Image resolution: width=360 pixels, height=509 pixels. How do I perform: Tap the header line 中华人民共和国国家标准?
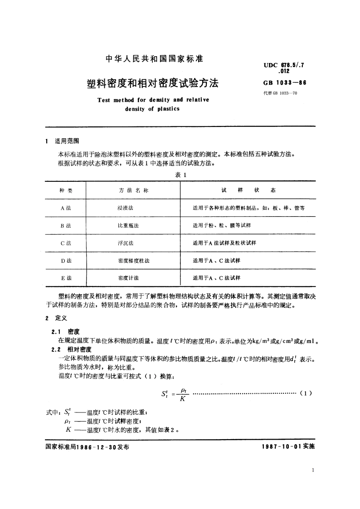pyautogui.click(x=154, y=58)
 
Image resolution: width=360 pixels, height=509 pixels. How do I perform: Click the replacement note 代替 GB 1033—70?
pyautogui.click(x=280, y=93)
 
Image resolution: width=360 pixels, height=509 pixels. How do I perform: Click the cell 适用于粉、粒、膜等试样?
pyautogui.click(x=222, y=225)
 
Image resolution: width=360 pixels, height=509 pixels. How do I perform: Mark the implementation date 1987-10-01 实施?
pyautogui.click(x=288, y=446)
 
